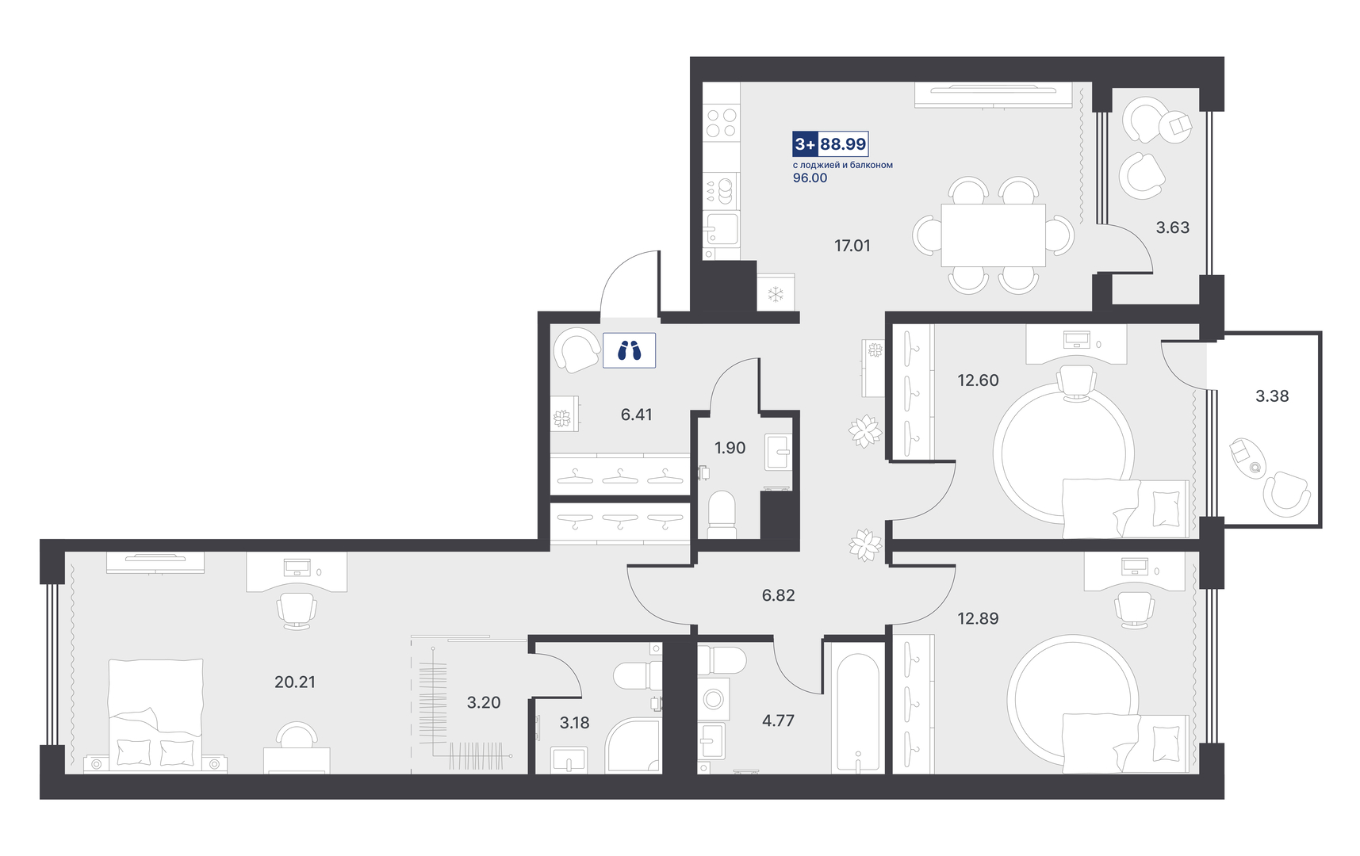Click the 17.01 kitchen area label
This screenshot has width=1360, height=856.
[x=852, y=246]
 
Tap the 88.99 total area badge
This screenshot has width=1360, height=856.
[x=843, y=144]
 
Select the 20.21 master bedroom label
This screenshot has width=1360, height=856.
[x=294, y=682]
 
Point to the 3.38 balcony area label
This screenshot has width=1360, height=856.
[x=1272, y=396]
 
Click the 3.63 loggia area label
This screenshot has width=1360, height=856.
[x=1172, y=227]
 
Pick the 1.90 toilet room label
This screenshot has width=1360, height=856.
[x=730, y=448]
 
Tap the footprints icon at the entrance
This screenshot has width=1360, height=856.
[x=629, y=350]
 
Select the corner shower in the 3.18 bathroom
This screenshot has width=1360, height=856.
[x=633, y=746]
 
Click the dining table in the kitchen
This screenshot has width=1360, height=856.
[x=993, y=235]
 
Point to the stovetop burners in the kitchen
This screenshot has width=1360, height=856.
[x=721, y=123]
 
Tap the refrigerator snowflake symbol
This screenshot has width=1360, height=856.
[x=776, y=294]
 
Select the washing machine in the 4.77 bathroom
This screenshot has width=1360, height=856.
[x=713, y=699]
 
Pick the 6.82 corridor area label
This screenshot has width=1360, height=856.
[x=778, y=595]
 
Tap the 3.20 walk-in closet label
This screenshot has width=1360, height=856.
[x=484, y=702]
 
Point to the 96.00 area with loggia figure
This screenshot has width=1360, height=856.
[x=810, y=178]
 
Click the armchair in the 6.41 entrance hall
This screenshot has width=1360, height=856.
[x=577, y=350]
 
